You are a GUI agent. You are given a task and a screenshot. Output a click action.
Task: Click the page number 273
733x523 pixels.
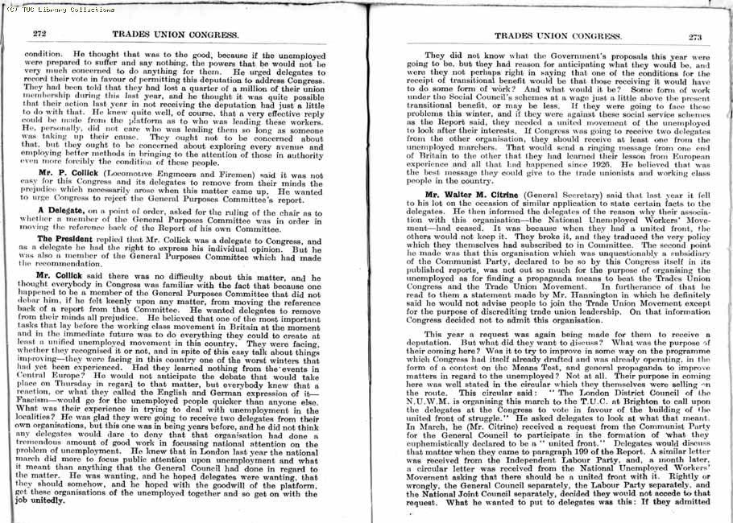pos(695,36)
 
